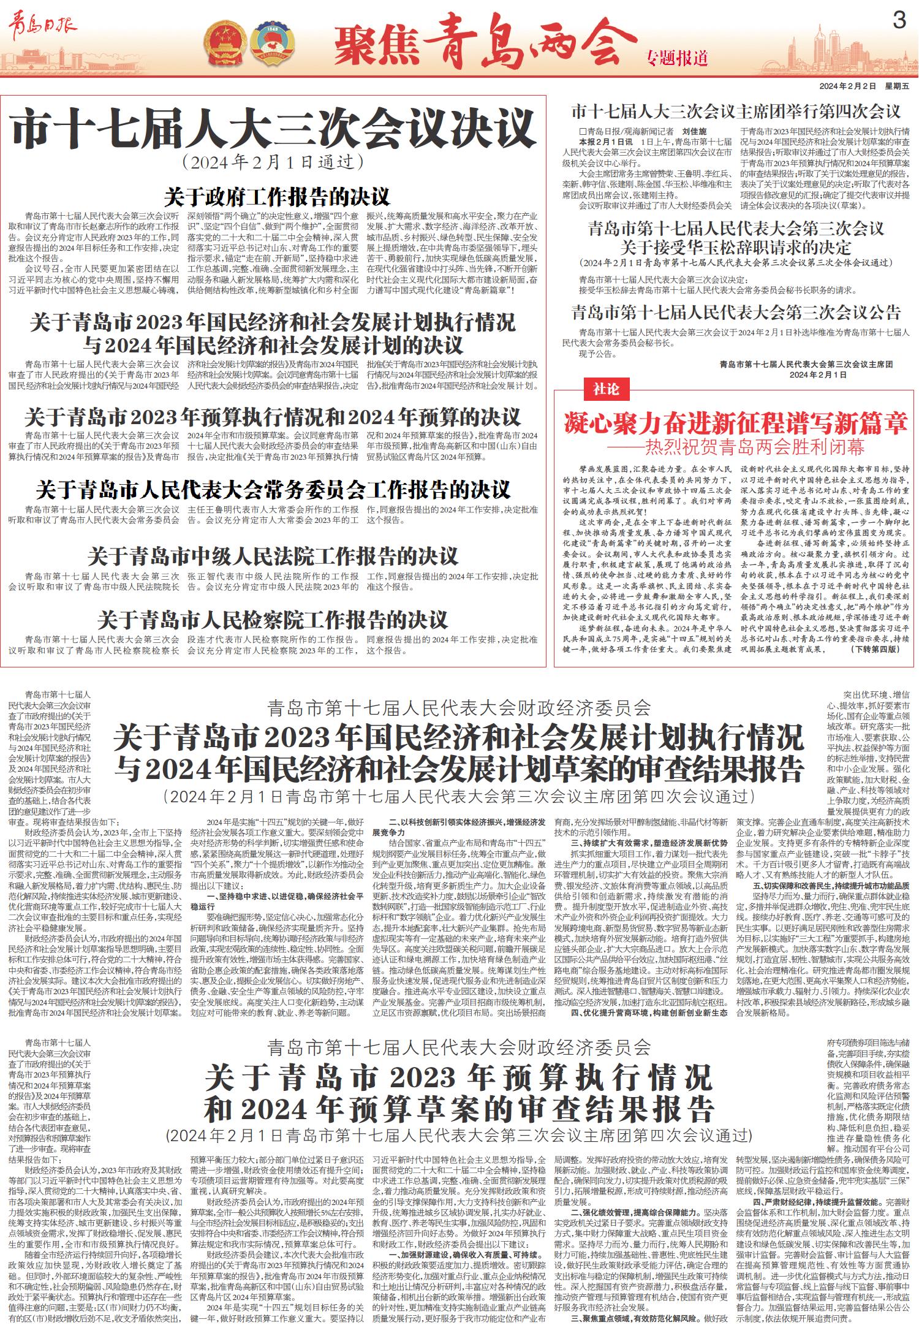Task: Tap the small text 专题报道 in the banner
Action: tap(677, 59)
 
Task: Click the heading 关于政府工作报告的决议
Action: tap(276, 197)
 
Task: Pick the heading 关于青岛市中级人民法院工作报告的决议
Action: tap(273, 556)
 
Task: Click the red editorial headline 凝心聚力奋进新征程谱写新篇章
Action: tap(735, 423)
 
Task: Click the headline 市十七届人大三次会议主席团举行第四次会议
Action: tap(736, 112)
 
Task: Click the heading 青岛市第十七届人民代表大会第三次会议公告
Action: tap(736, 313)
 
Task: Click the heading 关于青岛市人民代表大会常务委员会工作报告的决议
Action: tap(273, 490)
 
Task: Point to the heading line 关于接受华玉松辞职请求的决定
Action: tap(736, 248)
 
